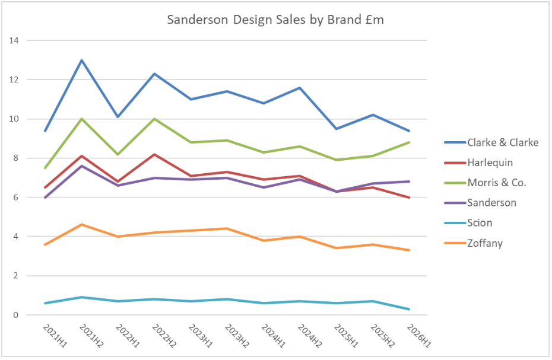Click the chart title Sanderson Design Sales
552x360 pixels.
(275, 20)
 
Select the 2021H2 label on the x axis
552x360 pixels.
(90, 336)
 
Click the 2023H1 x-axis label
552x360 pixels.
(200, 336)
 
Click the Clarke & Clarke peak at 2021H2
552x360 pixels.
(82, 60)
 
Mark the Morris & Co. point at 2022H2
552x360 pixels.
(155, 119)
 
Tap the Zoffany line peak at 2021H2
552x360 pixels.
(82, 225)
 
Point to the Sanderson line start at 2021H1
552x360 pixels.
(45, 197)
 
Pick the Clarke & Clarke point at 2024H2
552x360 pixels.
(300, 88)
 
